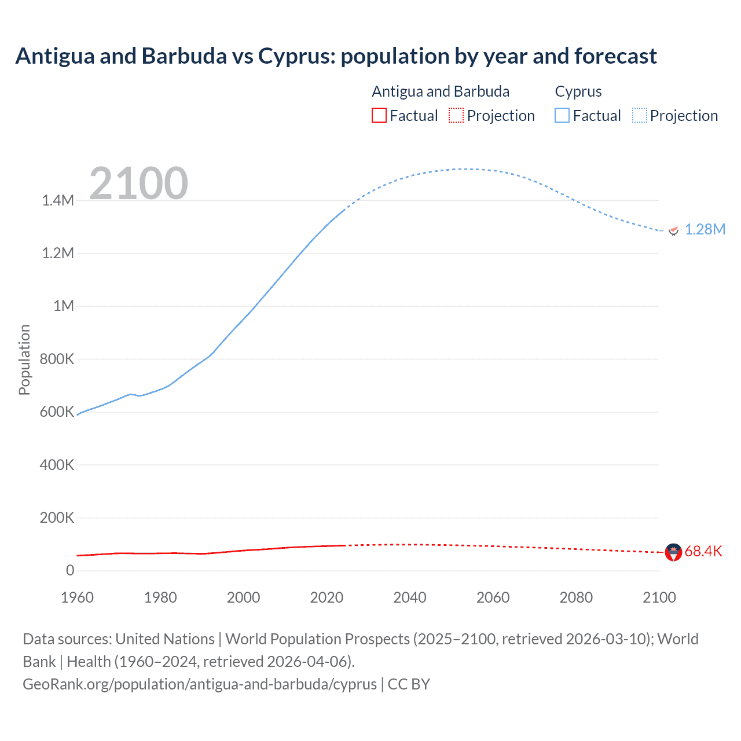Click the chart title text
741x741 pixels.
point(336,56)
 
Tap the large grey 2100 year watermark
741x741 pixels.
point(138,184)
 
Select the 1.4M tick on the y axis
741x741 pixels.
point(58,201)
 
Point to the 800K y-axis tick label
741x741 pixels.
point(57,360)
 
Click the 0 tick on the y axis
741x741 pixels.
point(70,571)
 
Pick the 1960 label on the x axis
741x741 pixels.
point(77,597)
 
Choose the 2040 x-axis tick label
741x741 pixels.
point(410,597)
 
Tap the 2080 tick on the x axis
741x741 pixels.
point(576,597)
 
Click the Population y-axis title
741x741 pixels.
point(24,360)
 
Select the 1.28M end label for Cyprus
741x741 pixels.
point(705,230)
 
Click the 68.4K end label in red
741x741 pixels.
point(703,552)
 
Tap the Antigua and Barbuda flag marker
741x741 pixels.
point(673,552)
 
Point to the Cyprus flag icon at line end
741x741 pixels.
point(673,230)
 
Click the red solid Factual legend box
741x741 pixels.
point(379,115)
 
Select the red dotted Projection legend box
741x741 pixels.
point(456,115)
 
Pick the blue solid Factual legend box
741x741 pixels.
point(562,115)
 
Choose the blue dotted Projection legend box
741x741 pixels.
point(640,115)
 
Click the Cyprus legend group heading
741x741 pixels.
point(578,91)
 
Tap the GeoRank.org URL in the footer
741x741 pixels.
point(200,684)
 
